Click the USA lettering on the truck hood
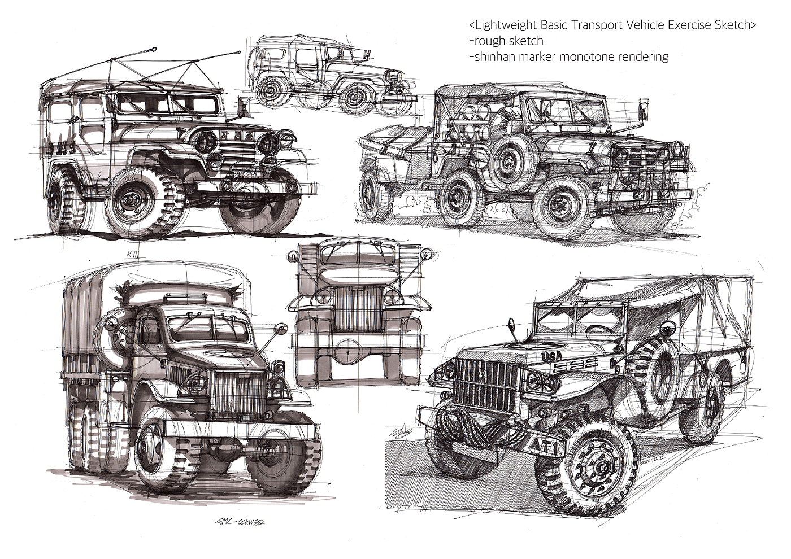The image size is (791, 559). [x=552, y=356]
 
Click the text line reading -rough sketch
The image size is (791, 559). [x=506, y=41]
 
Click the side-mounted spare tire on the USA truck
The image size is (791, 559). [x=659, y=366]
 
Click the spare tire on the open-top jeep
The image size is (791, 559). [x=512, y=156]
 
